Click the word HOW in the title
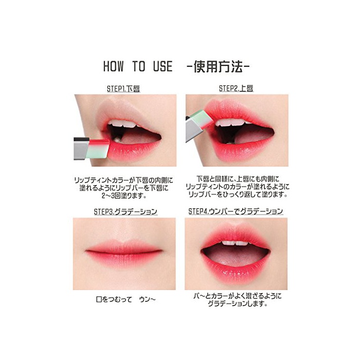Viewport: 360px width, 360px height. click(114, 66)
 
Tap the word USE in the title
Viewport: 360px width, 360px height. click(163, 66)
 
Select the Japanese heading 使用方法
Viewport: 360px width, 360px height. click(218, 66)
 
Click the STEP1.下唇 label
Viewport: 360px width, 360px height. click(123, 89)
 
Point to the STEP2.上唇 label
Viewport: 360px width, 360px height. click(236, 88)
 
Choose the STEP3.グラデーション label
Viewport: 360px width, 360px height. click(125, 211)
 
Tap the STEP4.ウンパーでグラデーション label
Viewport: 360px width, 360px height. click(236, 211)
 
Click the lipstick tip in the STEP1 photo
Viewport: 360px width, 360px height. click(99, 149)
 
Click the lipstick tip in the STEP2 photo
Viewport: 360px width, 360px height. click(204, 120)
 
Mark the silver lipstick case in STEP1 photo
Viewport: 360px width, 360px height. click(81, 148)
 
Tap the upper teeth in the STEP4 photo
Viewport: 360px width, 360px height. click(235, 243)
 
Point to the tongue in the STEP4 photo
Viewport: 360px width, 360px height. click(236, 257)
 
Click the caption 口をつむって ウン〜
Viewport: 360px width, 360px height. click(126, 299)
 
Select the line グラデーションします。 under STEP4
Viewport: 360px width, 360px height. click(238, 304)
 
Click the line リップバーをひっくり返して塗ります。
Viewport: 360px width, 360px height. click(238, 194)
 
